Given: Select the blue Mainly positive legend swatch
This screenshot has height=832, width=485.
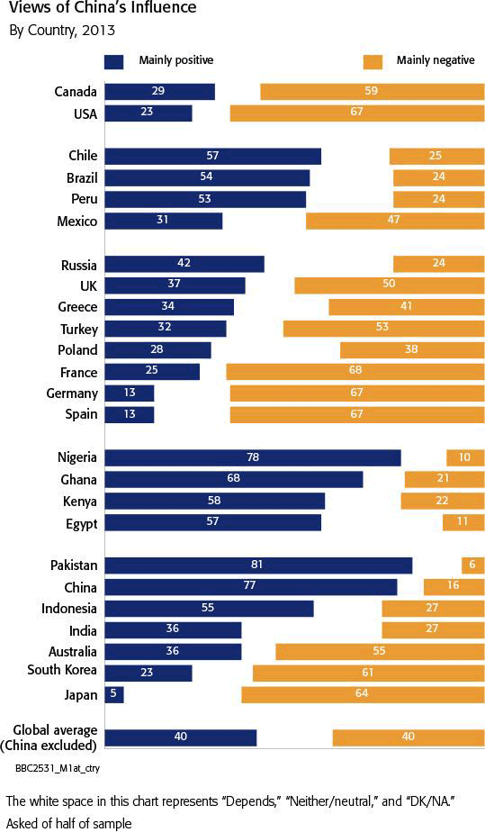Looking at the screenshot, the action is [x=114, y=61].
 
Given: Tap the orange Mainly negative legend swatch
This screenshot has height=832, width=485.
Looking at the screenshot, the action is [x=373, y=61].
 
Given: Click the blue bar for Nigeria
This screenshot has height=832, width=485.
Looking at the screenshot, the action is [x=253, y=457].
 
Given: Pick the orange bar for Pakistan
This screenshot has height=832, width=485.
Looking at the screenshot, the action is [x=472, y=565].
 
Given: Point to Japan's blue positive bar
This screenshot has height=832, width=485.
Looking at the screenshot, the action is [x=114, y=694].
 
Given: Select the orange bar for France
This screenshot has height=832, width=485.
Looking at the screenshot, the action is [x=355, y=371].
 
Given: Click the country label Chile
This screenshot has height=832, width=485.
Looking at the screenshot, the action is [x=83, y=156].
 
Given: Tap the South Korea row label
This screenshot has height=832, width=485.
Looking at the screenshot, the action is [x=62, y=670].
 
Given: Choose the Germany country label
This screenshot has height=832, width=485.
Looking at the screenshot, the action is [x=72, y=393].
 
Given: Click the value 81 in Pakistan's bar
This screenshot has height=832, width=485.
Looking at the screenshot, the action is [x=256, y=565].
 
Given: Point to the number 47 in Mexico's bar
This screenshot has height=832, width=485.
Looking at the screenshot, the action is [x=393, y=219].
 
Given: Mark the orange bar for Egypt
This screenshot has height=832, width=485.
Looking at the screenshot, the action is [x=463, y=522].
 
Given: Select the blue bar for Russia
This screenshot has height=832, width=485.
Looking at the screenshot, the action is [x=184, y=264].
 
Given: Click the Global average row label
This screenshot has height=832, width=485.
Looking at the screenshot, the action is [x=49, y=738].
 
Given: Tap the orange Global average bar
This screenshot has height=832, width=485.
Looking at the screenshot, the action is [x=409, y=737].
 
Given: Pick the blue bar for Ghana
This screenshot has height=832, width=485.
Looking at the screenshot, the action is [x=234, y=479].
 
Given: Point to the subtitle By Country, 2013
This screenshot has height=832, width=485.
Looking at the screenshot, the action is [x=62, y=31].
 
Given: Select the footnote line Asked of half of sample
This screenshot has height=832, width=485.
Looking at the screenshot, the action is [x=69, y=823].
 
